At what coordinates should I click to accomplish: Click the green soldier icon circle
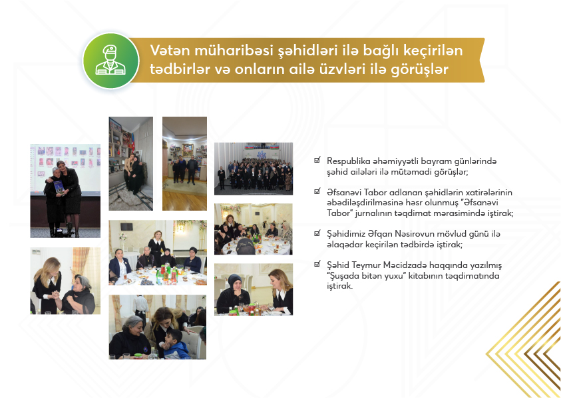pos(111,61)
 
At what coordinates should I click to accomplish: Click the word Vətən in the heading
pos(170,51)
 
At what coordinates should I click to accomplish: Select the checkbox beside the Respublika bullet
pos(317,160)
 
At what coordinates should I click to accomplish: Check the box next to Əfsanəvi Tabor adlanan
pos(317,191)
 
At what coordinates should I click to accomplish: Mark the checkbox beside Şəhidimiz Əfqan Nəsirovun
pos(317,233)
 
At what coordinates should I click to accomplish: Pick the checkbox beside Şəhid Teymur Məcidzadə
pos(317,265)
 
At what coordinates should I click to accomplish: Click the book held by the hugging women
pos(59,187)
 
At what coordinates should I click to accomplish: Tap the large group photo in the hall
pos(254,169)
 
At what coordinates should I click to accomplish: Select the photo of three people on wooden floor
pos(184,163)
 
